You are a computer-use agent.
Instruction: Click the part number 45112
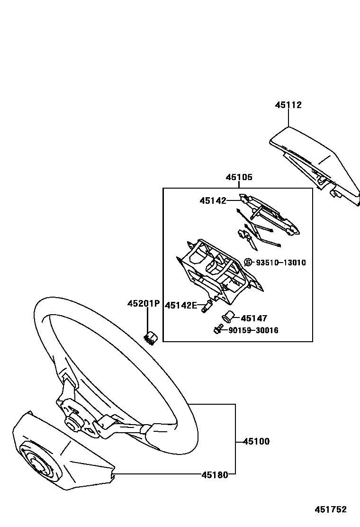[x=288, y=105]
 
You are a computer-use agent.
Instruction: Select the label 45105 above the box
[x=239, y=178]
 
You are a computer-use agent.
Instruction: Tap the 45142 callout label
[x=213, y=201]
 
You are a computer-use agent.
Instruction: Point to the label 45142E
[x=180, y=306]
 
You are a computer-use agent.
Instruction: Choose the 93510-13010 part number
[x=281, y=263]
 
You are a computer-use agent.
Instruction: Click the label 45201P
[x=143, y=303]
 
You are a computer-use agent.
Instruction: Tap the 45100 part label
[x=256, y=442]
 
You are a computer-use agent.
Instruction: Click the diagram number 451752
[x=331, y=510]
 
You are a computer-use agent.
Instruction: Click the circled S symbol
[x=248, y=263]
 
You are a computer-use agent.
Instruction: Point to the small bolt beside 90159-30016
[x=218, y=330]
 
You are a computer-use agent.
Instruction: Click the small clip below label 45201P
[x=151, y=337]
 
